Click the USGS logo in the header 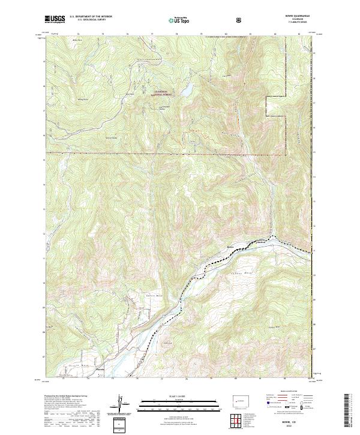click(x=55, y=20)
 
